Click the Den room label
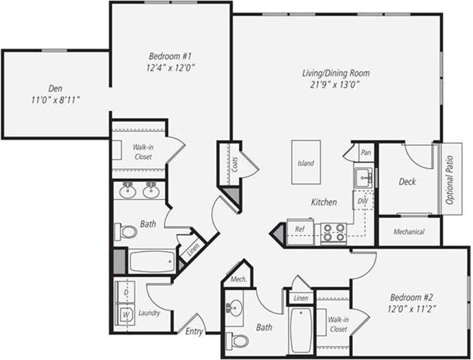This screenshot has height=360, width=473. [55, 88]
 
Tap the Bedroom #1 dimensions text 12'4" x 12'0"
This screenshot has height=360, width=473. [170, 68]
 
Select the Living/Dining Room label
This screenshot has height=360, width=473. [335, 73]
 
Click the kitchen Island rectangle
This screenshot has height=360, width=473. [306, 162]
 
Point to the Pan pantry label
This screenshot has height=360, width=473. [365, 152]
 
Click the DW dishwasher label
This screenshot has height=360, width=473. [363, 201]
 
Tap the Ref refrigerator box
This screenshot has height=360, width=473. [300, 230]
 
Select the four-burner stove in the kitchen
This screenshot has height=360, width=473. [334, 232]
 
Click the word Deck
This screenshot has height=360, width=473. [407, 182]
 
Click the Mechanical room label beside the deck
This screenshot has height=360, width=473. [409, 232]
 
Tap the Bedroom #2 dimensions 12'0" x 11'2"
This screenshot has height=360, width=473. [413, 309]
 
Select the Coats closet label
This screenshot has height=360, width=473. [235, 164]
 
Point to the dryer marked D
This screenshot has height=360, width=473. [126, 292]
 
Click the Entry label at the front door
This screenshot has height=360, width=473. [194, 331]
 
